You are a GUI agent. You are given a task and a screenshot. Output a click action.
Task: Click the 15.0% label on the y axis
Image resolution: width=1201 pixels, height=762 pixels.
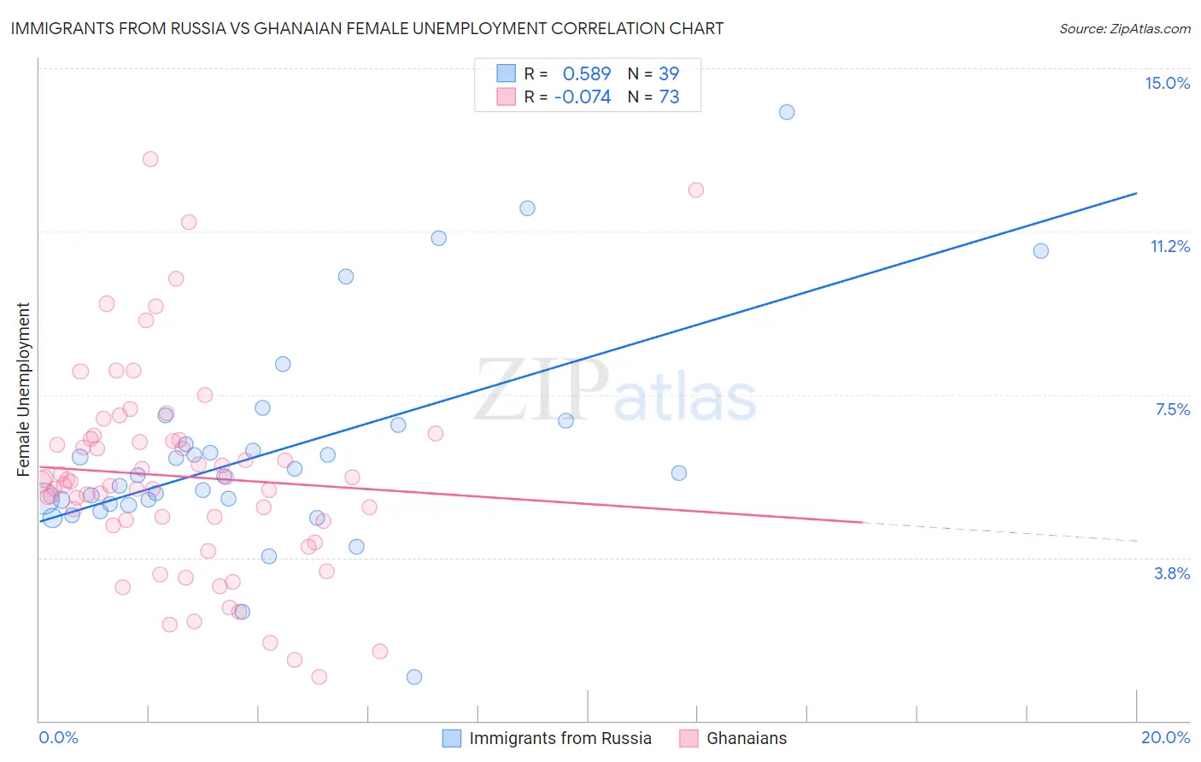pos(1167,83)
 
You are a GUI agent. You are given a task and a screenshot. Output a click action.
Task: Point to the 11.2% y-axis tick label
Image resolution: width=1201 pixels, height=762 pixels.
pos(1169,246)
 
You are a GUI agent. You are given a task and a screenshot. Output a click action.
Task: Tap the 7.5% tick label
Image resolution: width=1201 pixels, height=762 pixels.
pos(1172,409)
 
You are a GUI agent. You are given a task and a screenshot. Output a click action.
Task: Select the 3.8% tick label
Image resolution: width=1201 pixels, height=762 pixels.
pos(1172,573)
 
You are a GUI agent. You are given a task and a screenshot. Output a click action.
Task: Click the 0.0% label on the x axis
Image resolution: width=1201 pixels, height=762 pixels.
pos(58,737)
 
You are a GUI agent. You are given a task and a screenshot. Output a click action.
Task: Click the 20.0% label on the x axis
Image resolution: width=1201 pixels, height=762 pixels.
pos(1165,737)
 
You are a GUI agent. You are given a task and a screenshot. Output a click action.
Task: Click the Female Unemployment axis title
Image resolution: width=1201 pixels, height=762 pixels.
pos(23,389)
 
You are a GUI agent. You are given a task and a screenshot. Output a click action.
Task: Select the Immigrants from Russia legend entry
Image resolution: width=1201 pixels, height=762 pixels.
pos(547,738)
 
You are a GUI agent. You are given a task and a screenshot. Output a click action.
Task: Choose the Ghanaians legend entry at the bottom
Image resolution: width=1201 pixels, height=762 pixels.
pos(733,738)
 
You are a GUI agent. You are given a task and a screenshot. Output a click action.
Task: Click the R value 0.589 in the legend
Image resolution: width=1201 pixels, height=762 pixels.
pos(586,73)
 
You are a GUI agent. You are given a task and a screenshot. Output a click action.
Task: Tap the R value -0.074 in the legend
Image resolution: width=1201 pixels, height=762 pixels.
pos(583,97)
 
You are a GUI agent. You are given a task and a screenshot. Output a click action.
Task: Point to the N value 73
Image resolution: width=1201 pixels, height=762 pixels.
pos(669,97)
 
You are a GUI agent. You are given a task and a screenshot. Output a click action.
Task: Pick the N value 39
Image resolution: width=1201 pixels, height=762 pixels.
pos(669,73)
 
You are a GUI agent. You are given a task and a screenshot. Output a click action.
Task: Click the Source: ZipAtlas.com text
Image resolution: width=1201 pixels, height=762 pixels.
pos(1124,29)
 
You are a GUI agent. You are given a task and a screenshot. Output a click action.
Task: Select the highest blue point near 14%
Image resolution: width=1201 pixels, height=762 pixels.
pos(787,112)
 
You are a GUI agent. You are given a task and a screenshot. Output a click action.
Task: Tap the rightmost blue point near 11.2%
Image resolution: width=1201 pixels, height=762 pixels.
pos(1040,251)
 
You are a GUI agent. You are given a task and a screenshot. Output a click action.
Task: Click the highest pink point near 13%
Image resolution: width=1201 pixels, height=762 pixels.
pos(150,159)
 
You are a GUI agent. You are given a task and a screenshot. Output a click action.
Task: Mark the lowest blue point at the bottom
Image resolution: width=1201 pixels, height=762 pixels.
pos(414,677)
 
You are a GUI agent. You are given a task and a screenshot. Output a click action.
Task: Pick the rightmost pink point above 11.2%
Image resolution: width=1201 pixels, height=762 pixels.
pos(696,190)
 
